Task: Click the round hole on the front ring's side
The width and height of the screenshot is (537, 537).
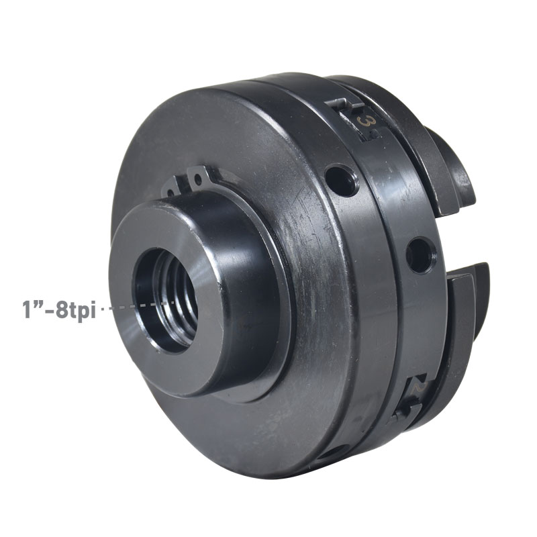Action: [419, 256]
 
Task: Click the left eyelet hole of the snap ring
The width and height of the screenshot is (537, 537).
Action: [171, 193]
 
